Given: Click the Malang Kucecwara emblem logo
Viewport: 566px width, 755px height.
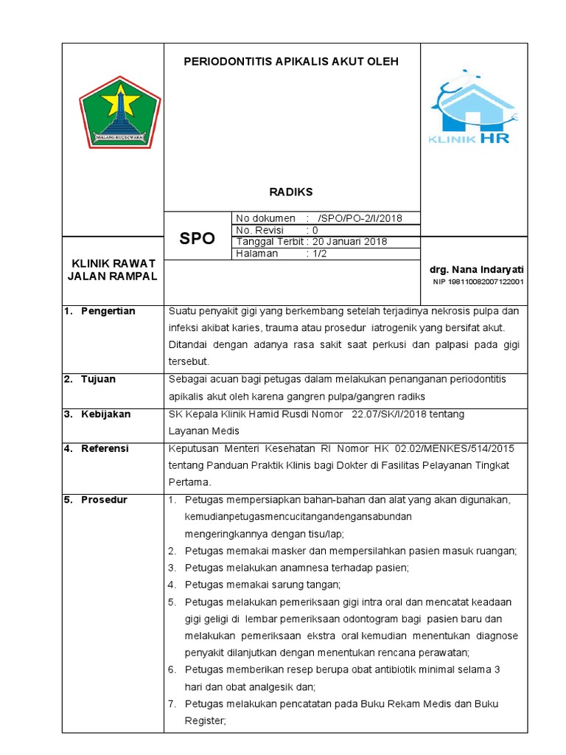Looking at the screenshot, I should point(119,111).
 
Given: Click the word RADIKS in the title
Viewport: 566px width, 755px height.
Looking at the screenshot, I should point(291,192).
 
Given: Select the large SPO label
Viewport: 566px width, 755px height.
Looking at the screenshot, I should point(198,238).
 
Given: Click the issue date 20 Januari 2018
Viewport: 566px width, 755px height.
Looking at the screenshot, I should point(350,242).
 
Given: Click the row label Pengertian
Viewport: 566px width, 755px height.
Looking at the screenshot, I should point(108,311).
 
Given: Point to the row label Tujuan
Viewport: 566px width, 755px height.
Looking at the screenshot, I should point(98,379).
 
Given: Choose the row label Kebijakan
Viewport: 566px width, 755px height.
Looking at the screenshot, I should point(105,414).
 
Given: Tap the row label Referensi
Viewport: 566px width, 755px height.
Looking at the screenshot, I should point(105,448).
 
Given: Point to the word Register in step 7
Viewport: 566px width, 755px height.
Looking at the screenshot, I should point(203,721).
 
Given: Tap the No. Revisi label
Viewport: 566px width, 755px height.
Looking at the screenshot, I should point(259,230).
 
